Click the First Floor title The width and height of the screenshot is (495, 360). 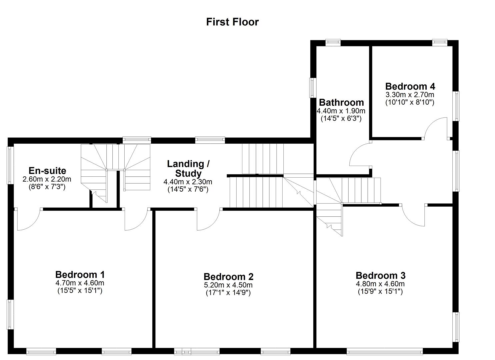232,22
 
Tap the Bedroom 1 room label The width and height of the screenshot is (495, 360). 80,275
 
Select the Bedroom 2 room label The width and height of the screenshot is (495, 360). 228,277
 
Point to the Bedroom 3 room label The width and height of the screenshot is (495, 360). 380,276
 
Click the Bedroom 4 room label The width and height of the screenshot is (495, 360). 410,86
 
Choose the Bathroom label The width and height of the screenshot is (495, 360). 341,102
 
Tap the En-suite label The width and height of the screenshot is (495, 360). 47,171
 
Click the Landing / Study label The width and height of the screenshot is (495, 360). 188,169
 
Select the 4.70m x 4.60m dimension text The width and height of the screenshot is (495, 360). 80,283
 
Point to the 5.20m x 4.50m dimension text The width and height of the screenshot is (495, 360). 228,285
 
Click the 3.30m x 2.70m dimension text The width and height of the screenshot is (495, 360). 410,95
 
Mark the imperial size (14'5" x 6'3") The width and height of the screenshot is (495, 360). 341,118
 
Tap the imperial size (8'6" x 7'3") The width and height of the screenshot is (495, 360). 47,187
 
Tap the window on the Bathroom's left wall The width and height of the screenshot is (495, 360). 312,88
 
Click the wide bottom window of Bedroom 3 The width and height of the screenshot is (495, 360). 384,351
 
